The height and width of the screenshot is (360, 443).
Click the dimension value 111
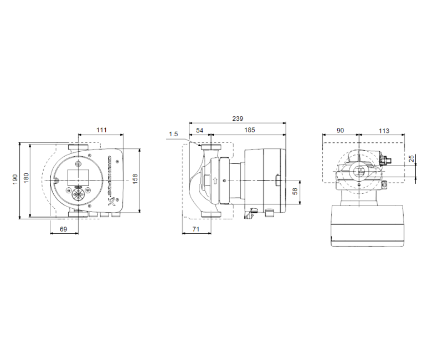click(x=101, y=130)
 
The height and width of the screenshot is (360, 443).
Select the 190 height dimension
click(x=16, y=178)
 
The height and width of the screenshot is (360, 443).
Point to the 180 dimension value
click(x=25, y=178)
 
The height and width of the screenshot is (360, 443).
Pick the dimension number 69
click(x=63, y=229)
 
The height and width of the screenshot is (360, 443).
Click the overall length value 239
click(x=238, y=119)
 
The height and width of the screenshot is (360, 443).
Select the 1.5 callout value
click(x=173, y=134)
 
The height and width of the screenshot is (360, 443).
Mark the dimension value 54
click(x=200, y=130)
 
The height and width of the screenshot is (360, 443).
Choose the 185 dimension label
click(x=249, y=130)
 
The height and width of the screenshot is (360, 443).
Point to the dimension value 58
click(x=295, y=191)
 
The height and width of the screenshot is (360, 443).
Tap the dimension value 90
click(x=340, y=131)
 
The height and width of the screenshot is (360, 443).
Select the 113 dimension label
click(x=383, y=131)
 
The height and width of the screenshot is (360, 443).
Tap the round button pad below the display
click(x=77, y=195)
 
